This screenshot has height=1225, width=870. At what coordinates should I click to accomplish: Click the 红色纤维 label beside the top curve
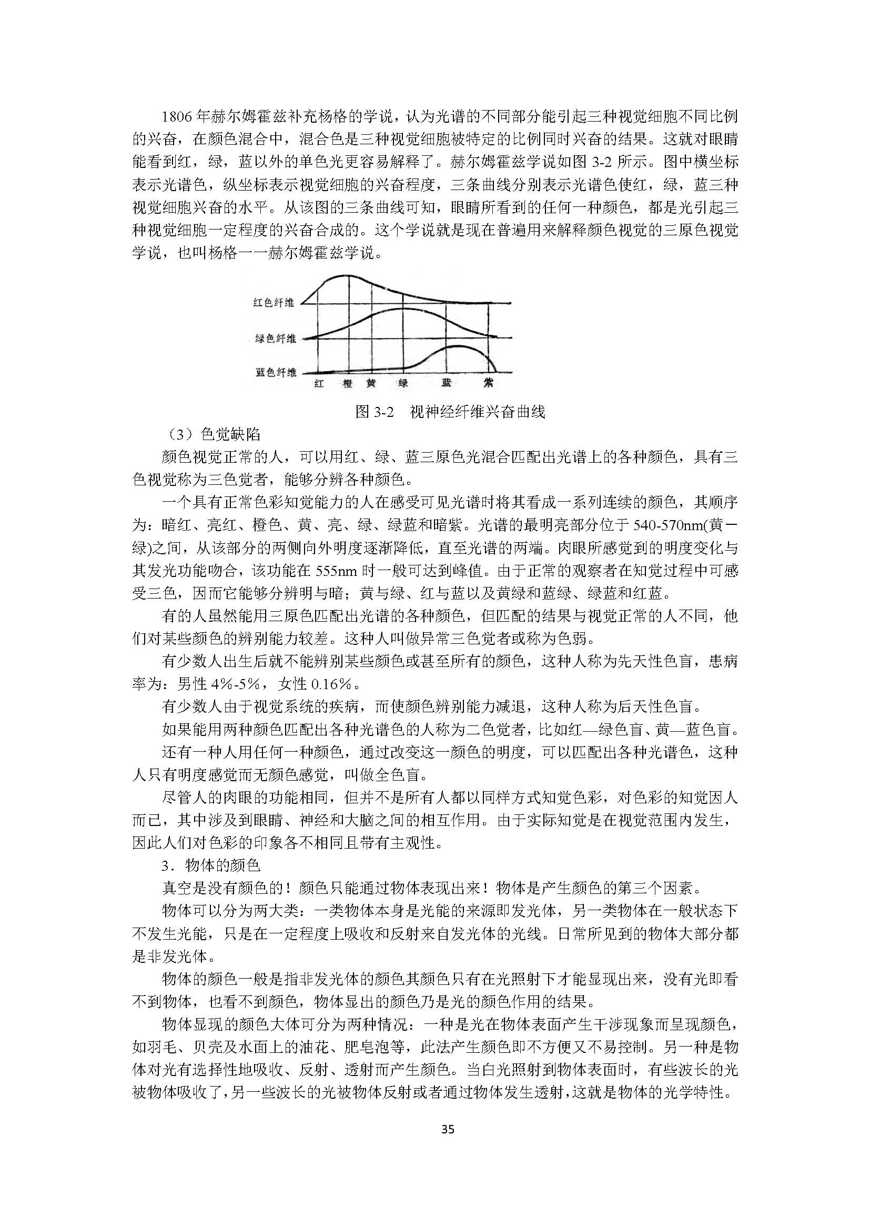click(273, 303)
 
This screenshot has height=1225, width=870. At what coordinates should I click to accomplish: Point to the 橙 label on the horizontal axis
click(347, 383)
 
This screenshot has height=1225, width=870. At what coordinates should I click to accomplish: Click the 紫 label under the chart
click(488, 383)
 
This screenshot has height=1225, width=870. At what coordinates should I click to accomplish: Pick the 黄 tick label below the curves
click(371, 383)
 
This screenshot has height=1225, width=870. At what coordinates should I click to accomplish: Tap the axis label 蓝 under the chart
click(446, 383)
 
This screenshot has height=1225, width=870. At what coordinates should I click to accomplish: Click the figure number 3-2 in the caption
click(382, 412)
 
